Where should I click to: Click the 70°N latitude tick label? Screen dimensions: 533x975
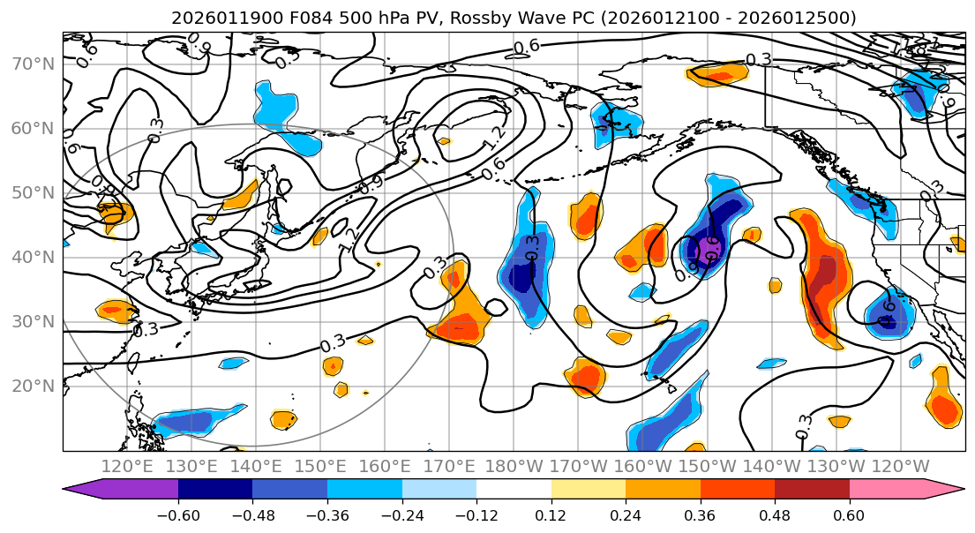(33, 64)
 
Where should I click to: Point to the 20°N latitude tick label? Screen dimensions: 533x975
(33, 386)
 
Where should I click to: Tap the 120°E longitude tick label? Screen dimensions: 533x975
(127, 466)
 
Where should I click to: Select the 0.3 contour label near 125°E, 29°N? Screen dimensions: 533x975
(145, 329)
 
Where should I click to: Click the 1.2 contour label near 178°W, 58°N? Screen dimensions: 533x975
(495, 139)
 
